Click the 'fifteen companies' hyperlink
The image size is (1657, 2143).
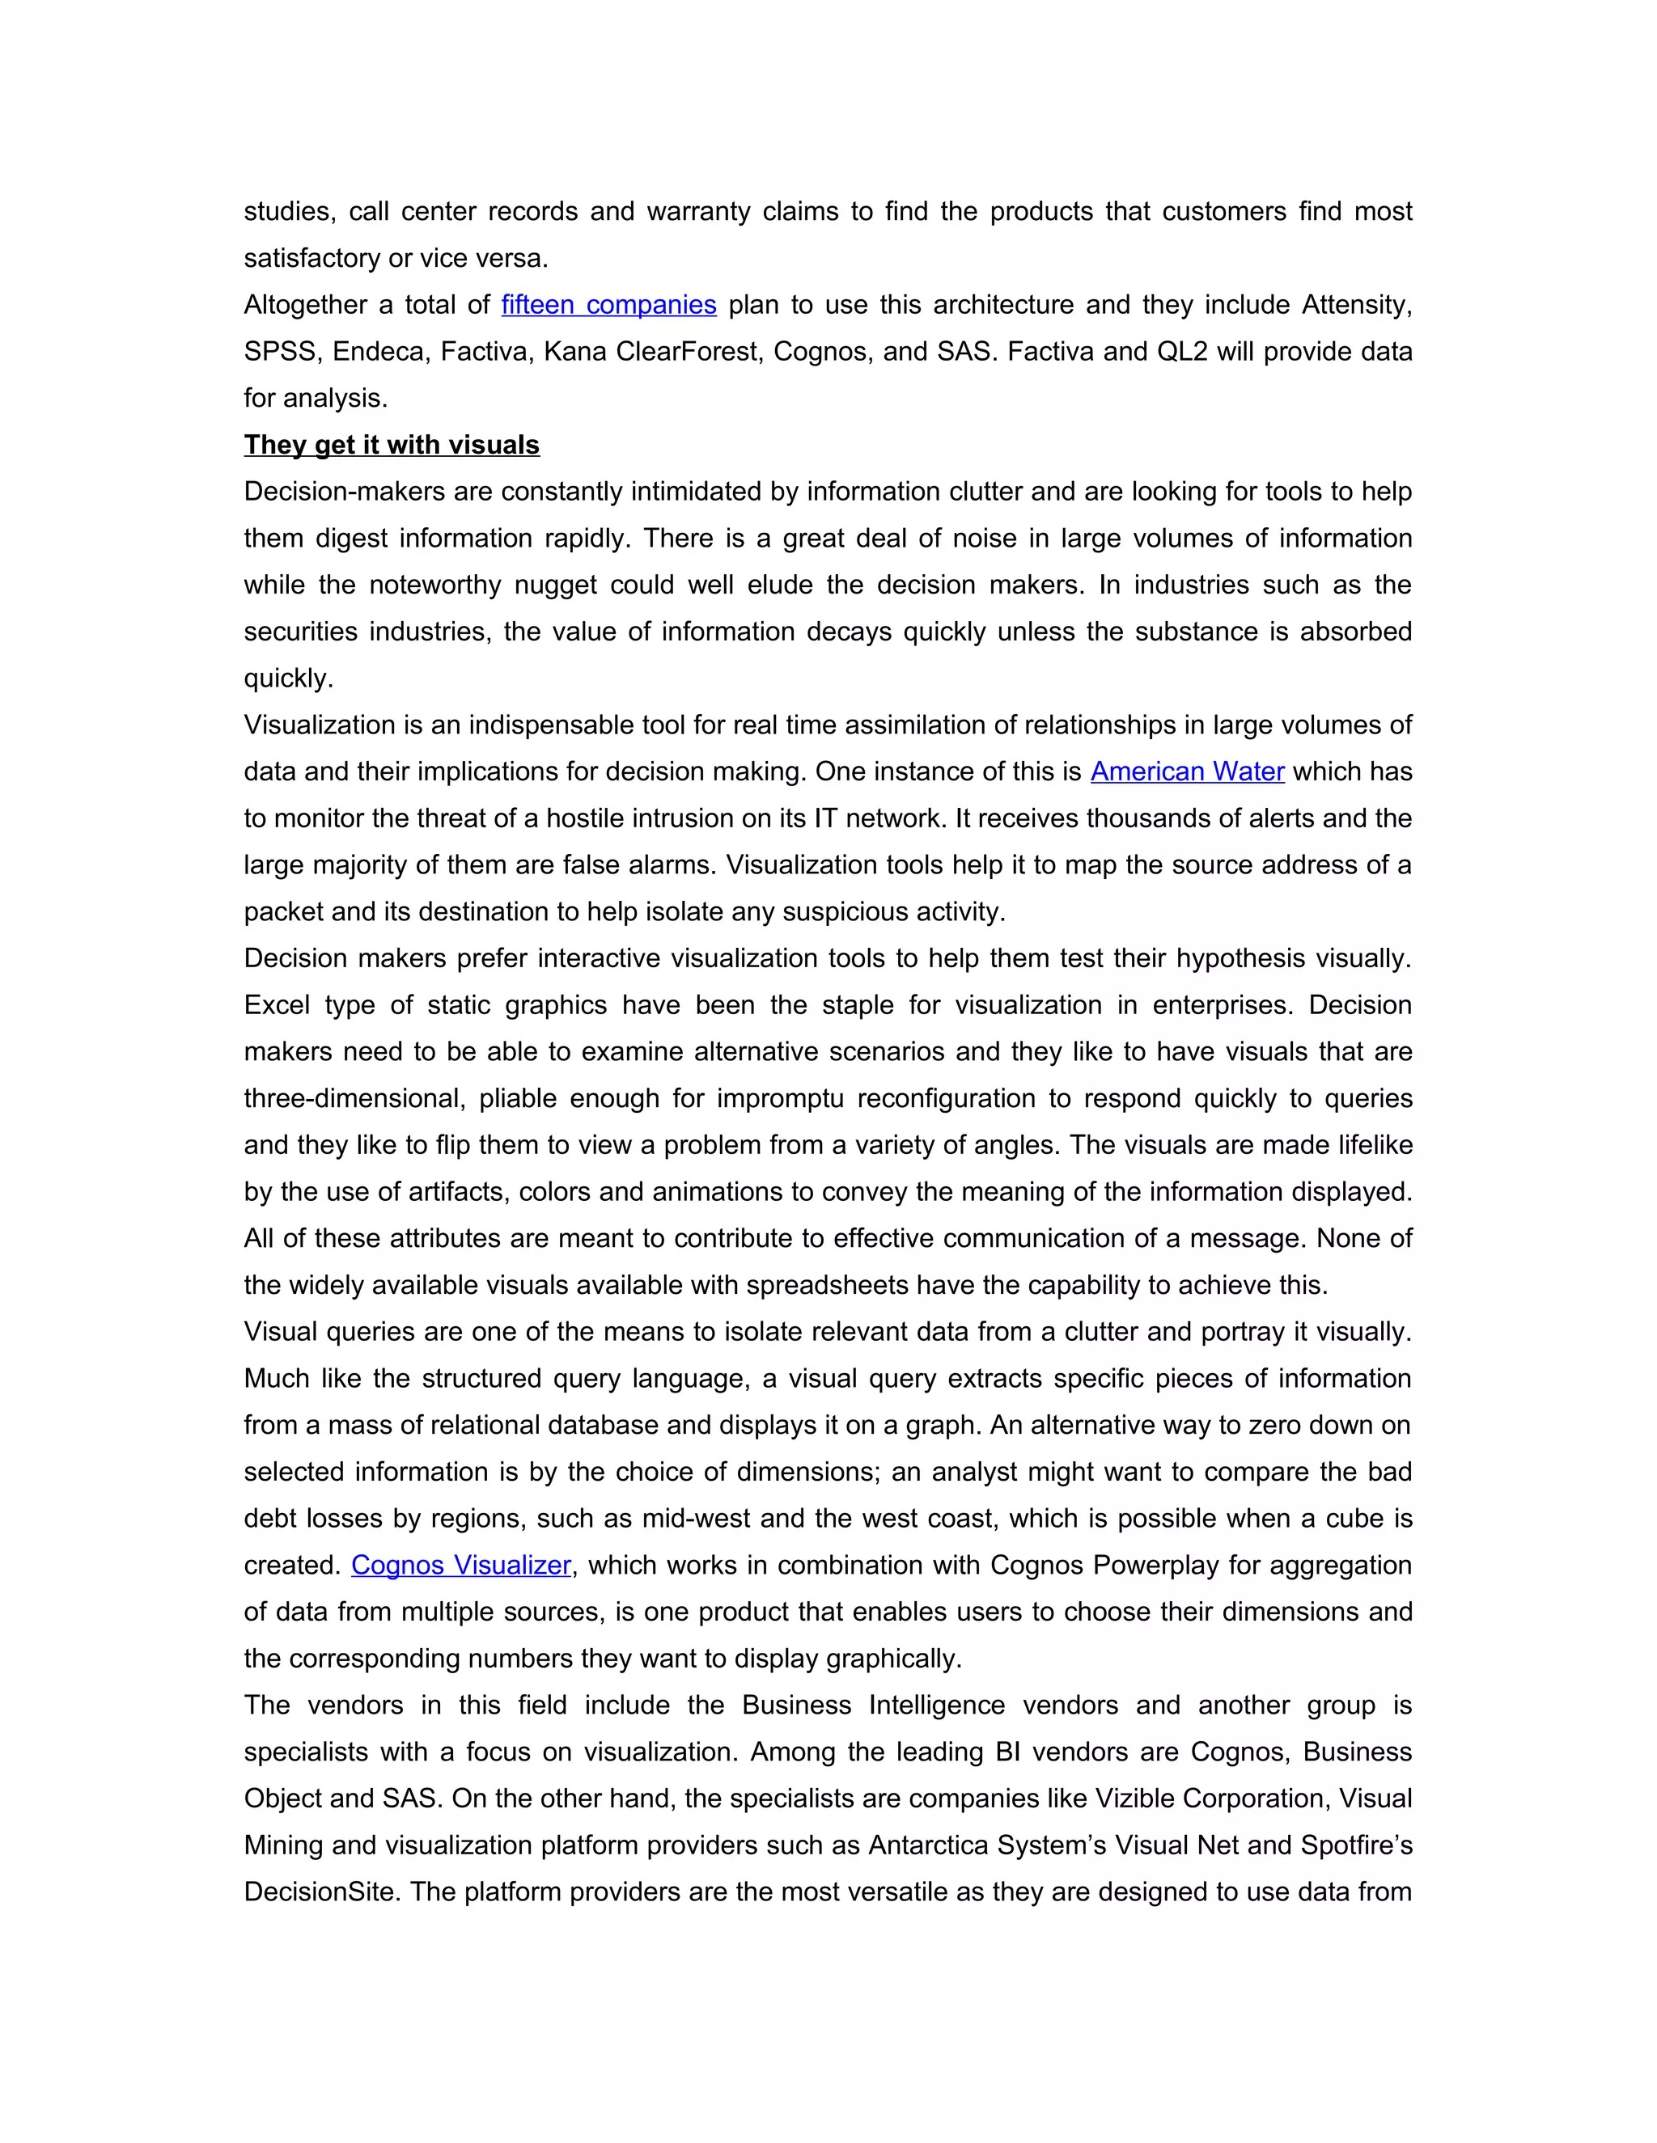[x=608, y=304]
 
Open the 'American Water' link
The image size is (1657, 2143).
[x=1187, y=771]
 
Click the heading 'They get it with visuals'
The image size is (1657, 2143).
[x=392, y=445]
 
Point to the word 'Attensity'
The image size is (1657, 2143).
[x=1356, y=304]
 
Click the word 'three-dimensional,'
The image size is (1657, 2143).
[x=354, y=1098]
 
